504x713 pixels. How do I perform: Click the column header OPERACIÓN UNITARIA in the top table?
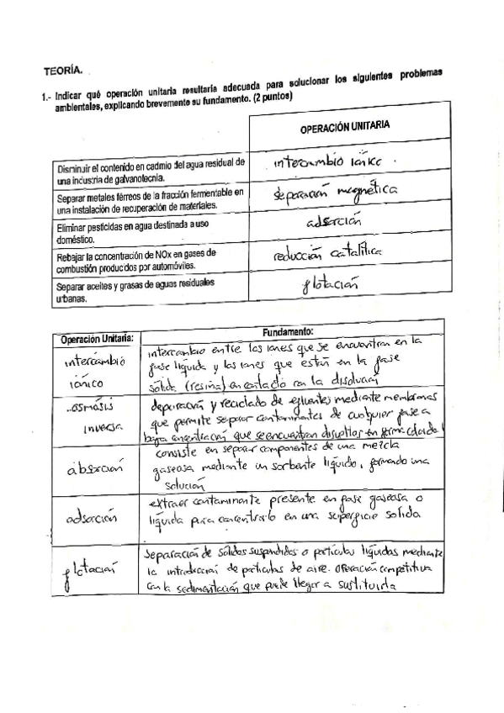click(x=344, y=126)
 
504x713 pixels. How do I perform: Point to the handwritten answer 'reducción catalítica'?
click(x=329, y=252)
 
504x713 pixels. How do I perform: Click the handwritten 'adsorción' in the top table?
click(x=334, y=223)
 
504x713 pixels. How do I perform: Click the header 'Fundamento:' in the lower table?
click(x=288, y=333)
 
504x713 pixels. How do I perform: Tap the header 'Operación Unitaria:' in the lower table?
click(x=96, y=339)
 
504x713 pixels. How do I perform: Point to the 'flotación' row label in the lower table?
click(x=93, y=574)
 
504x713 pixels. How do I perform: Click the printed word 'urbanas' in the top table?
click(x=74, y=299)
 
